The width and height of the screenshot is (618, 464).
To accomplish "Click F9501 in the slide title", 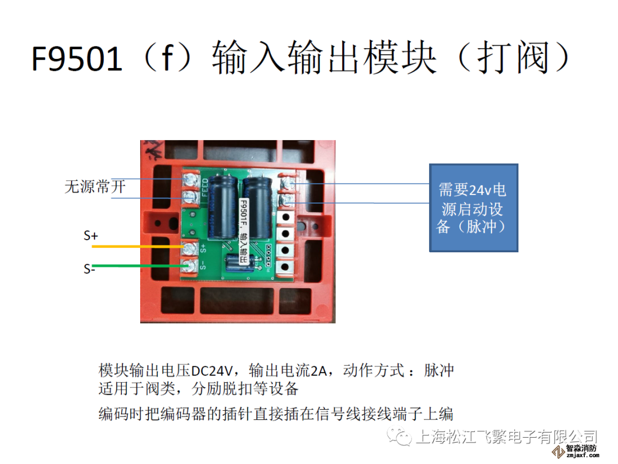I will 77,60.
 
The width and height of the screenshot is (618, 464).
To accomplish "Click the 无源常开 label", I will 94,187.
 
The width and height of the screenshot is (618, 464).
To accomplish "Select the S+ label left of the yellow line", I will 91,235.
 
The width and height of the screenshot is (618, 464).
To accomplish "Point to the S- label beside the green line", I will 89,269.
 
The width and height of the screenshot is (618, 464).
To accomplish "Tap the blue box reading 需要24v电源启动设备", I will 474,207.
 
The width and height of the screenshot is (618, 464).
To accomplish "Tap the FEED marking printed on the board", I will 205,188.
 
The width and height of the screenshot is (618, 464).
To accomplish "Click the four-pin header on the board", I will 268,256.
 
